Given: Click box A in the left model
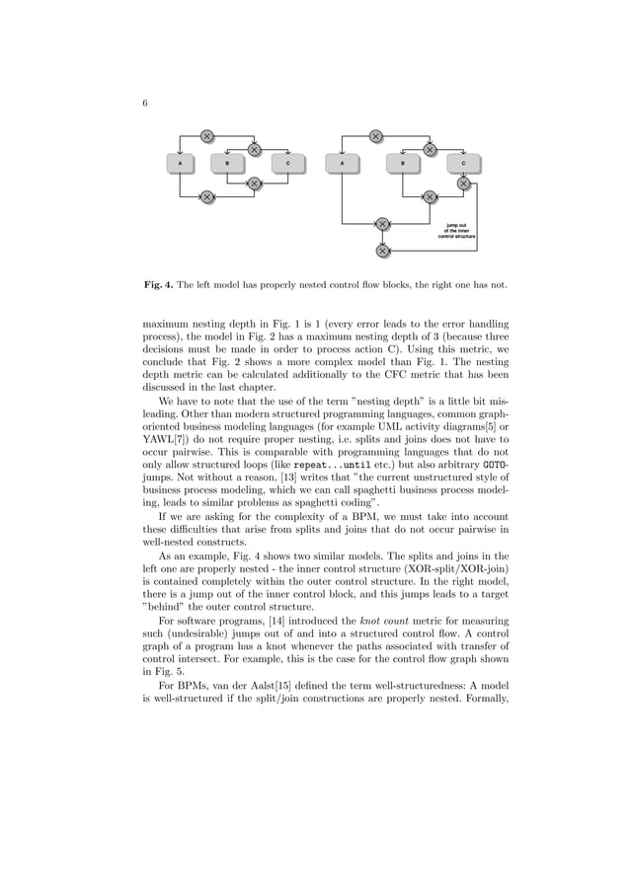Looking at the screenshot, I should [180, 162].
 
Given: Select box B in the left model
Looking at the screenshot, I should [228, 162].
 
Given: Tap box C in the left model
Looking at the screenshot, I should [287, 162].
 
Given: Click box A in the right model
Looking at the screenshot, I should [342, 162].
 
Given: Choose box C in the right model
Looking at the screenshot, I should [463, 162].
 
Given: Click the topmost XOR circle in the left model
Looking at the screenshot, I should [207, 136].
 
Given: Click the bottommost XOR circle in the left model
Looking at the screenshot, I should [207, 197].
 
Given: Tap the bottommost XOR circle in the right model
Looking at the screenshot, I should [382, 251].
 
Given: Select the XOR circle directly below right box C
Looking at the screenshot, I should [463, 184].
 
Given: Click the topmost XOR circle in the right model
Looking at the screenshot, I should [376, 136].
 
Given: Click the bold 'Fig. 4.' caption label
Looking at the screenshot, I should [158, 287].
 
